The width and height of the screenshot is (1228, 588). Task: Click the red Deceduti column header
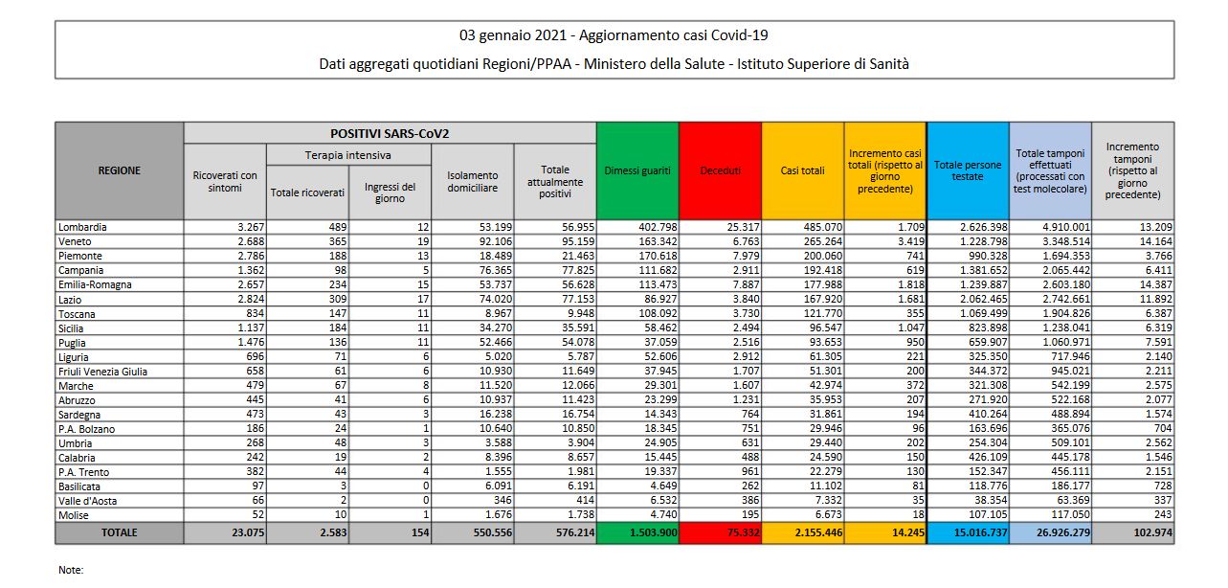point(720,170)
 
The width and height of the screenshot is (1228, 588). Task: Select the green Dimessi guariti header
point(637,170)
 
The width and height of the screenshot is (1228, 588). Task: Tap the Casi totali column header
point(803,170)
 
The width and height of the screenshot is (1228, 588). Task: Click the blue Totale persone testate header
point(968,170)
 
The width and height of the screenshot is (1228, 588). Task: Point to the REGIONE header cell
point(119,170)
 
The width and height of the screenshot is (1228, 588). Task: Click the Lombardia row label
point(82,227)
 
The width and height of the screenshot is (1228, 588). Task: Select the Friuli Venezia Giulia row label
point(102,372)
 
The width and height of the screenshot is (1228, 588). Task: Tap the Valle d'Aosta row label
point(87,501)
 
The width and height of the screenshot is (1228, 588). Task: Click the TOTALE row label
point(119,532)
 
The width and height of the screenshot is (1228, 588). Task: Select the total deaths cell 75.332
point(744,532)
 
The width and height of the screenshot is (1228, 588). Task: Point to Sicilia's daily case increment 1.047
point(911,328)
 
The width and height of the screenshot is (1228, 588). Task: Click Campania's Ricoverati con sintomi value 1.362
point(251,270)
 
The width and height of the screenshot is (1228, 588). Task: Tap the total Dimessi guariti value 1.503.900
point(654,532)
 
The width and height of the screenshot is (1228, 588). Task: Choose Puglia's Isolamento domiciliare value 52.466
point(495,342)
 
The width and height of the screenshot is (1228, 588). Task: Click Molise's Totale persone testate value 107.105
point(988,515)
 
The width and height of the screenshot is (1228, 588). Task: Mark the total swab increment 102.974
point(1153,532)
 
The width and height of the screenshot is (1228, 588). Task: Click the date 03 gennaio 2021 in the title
point(513,35)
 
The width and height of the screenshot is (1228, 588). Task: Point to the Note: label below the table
point(71,570)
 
